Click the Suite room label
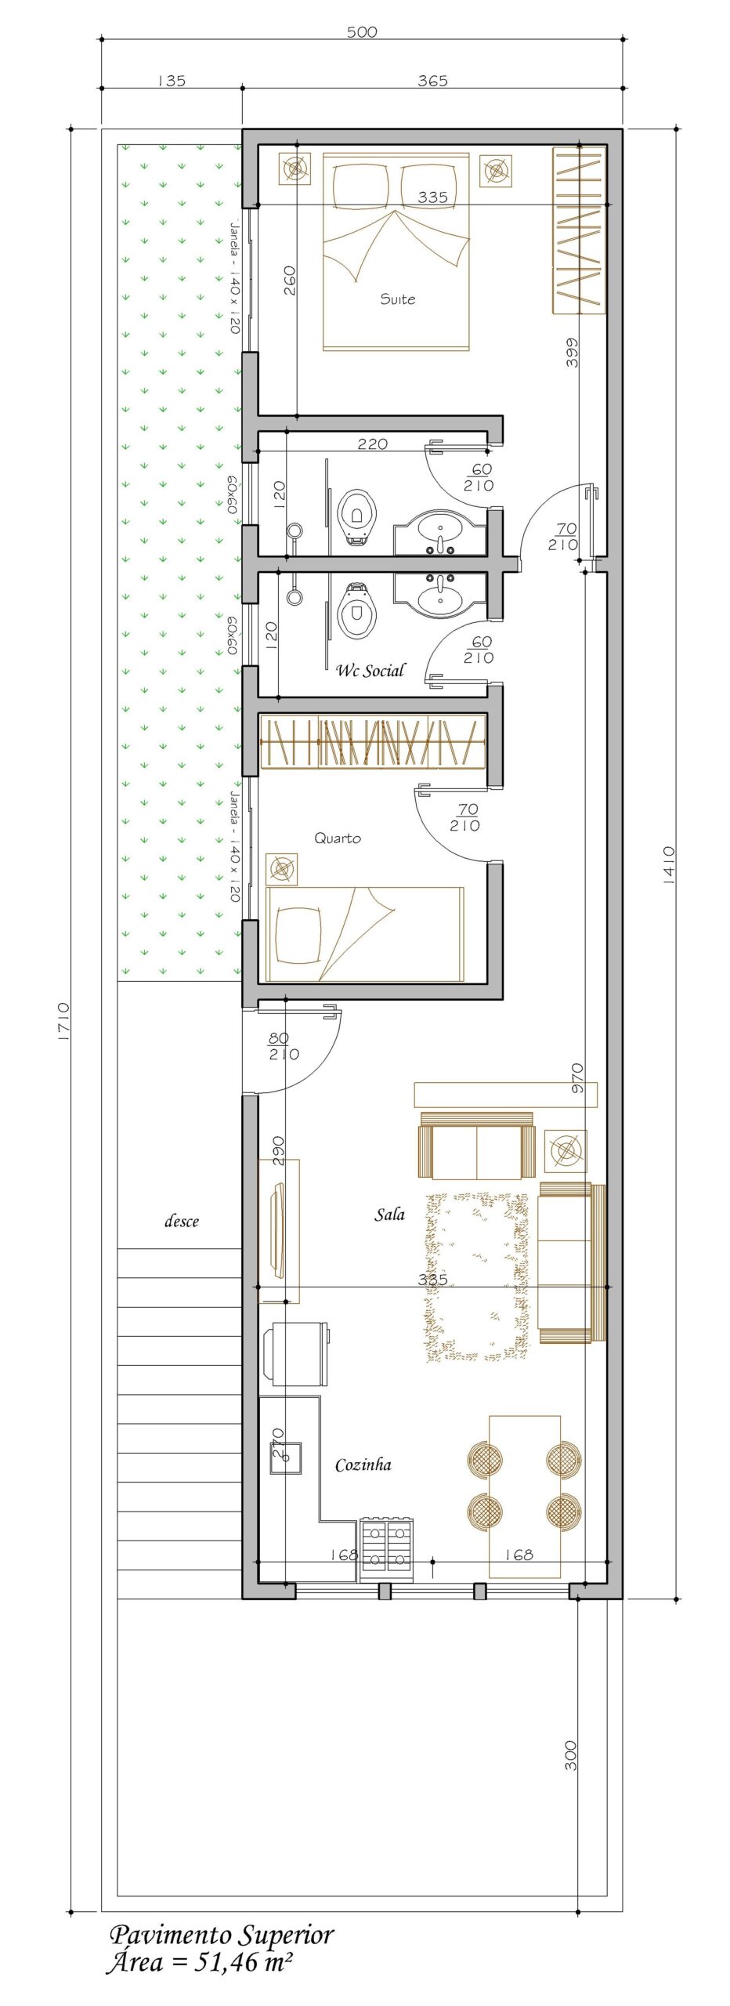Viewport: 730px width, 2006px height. point(397,299)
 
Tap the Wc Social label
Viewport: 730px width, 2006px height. point(370,670)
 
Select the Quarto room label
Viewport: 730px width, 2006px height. point(338,838)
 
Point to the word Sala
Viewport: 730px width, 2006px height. point(389,1215)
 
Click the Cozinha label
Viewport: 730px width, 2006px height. point(363,1465)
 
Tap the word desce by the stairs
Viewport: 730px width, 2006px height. point(182,1221)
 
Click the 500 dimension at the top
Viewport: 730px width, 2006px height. point(362,32)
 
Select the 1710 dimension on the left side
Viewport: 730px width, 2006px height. point(63,1021)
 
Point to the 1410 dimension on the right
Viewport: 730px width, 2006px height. point(668,865)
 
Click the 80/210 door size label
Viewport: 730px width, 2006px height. point(283,1046)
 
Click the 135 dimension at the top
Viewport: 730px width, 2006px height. point(172,81)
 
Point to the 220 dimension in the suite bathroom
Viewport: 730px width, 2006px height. point(372,444)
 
